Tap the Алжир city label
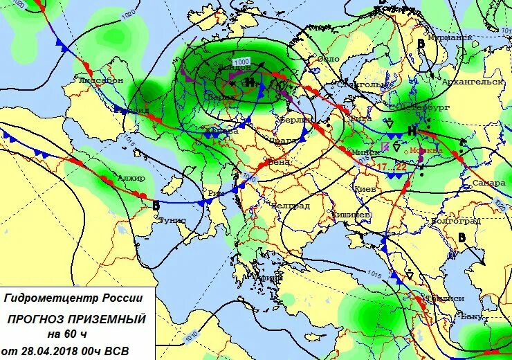coord(131,179)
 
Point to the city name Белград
coord(290,206)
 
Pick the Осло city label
coord(329,59)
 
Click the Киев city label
coord(365,188)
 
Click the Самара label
coord(486,183)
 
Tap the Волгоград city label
coord(455,221)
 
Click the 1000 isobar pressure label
coord(241,62)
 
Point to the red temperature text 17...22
coord(391,168)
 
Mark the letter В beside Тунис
coord(156,205)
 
